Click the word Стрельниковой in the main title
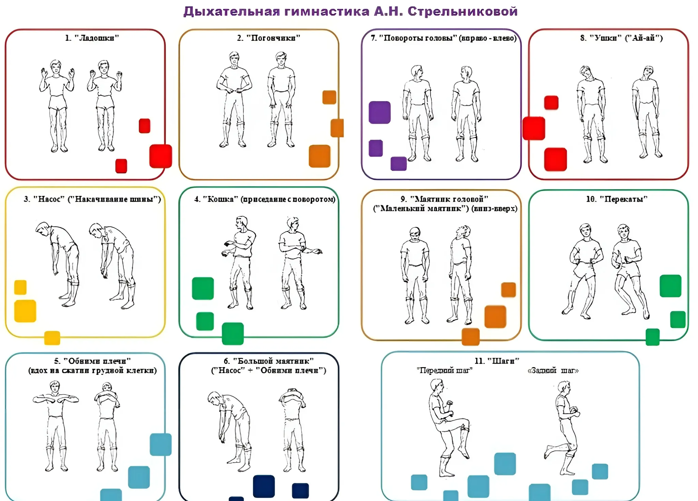tap(462, 12)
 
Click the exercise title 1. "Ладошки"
tap(92, 38)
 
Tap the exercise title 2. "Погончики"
tap(269, 38)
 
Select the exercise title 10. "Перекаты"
tap(617, 199)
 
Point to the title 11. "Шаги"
tap(497, 361)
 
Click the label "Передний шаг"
tap(445, 370)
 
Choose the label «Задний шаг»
tap(553, 370)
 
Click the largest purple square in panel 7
tap(380, 112)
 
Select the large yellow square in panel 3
tap(25, 311)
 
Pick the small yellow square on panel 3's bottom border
tap(52, 338)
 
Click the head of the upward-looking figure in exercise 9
tap(463, 231)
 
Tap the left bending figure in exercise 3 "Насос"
tap(60, 262)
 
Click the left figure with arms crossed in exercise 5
tap(56, 426)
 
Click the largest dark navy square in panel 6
tap(264, 486)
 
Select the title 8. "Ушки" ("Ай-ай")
tap(621, 38)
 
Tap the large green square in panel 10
tap(670, 286)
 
